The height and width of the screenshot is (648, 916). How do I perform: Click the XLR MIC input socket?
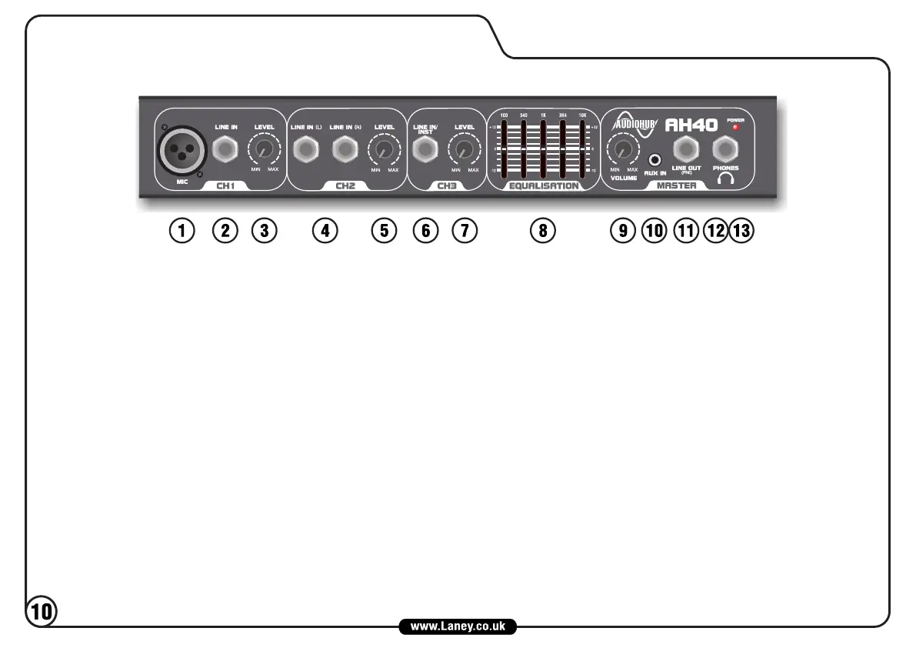(182, 149)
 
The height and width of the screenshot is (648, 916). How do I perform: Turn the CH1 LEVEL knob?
(264, 149)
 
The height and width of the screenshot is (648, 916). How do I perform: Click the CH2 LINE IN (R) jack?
(345, 149)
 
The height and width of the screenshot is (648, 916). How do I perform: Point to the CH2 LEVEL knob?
(382, 149)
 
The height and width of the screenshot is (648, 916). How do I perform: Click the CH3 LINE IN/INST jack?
(425, 150)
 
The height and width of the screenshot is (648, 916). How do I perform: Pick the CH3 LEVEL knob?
(464, 149)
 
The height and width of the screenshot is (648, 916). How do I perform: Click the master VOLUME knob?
(623, 148)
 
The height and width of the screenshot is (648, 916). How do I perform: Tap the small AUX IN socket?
(655, 160)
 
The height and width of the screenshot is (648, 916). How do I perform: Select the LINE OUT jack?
(686, 149)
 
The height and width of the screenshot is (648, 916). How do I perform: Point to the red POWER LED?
(735, 128)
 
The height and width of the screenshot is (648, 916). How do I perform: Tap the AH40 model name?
(691, 125)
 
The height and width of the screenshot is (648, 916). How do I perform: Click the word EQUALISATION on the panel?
(544, 185)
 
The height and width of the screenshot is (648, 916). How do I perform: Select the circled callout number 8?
(544, 230)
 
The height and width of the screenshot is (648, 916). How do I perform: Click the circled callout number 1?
(182, 230)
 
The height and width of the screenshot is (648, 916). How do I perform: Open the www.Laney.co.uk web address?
(458, 626)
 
